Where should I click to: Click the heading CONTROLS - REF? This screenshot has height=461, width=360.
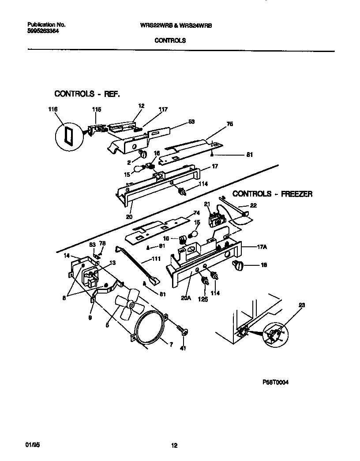[x=87, y=94]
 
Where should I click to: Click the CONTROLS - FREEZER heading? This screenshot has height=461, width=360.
[x=272, y=193]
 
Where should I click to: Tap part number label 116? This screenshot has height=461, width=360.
[x=53, y=109]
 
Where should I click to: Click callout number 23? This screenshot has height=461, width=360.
[x=302, y=305]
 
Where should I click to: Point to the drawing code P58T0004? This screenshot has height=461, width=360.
[x=276, y=383]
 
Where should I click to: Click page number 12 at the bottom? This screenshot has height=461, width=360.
[x=174, y=446]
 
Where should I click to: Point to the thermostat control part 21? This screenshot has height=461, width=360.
[x=216, y=219]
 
